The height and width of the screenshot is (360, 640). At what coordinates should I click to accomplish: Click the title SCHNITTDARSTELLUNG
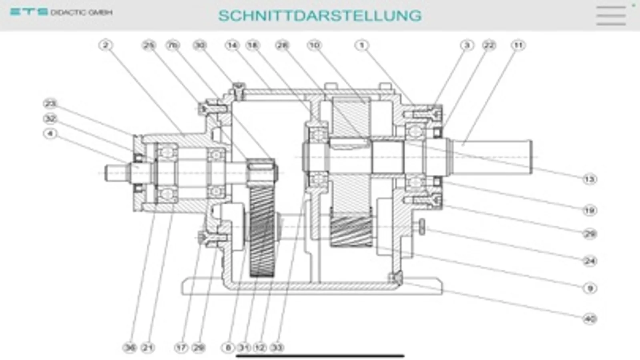point(320,16)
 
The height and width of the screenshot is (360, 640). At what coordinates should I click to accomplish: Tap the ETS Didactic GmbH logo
point(61,12)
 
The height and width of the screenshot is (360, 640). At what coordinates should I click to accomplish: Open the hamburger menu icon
point(611,16)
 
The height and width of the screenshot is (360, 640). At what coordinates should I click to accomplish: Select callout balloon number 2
point(106,45)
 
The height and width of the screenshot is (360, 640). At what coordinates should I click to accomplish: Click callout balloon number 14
point(232,45)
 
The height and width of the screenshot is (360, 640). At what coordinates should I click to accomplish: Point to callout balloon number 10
point(314,45)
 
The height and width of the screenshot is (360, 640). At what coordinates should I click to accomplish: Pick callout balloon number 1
point(362,45)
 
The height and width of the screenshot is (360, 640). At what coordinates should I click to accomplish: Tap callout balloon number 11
point(518,45)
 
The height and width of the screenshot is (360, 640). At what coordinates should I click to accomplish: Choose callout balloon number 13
point(590,179)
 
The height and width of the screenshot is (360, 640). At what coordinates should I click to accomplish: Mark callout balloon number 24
point(590,261)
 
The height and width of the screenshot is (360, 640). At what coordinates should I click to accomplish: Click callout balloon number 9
point(590,288)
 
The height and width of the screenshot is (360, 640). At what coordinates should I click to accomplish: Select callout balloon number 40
point(590,319)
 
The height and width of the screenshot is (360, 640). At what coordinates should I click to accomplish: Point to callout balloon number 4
point(50,133)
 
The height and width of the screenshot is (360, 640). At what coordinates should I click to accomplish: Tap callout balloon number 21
point(148,348)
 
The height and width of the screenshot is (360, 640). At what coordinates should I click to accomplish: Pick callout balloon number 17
point(181,348)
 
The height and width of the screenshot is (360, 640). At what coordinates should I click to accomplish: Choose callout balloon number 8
point(228,348)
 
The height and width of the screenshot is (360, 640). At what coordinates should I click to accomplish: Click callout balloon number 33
point(277,348)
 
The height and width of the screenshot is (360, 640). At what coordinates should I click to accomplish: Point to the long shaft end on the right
point(496,157)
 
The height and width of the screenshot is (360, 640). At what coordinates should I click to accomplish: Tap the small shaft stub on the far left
point(116,173)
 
